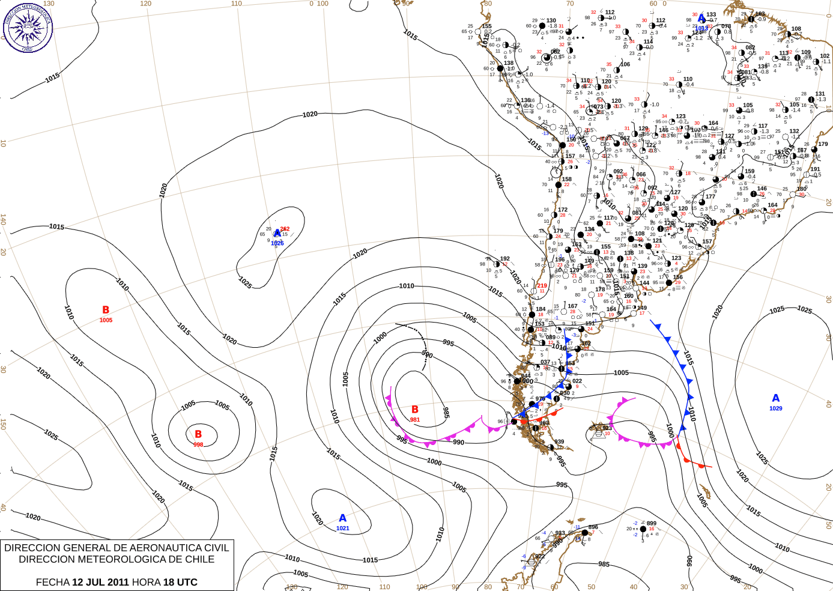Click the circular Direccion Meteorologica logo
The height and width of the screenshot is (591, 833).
(28, 28)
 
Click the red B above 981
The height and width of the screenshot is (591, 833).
(414, 410)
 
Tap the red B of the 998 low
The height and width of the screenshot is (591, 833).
(198, 434)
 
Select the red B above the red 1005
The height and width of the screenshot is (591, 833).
(106, 310)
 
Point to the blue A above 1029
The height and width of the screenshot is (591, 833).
(776, 398)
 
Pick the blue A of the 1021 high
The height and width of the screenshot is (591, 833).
(342, 518)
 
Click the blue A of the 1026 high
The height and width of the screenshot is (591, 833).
(277, 234)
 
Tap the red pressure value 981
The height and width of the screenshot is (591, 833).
(415, 420)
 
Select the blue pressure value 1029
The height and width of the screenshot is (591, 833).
(776, 408)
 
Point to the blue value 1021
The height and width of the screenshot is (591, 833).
(342, 529)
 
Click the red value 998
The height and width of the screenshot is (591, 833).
(198, 444)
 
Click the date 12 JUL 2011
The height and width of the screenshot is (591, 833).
(100, 582)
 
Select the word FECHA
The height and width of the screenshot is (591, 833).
(52, 582)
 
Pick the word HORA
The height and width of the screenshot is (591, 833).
(146, 582)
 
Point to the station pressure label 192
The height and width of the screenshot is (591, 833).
(505, 259)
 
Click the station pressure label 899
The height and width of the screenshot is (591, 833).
(652, 523)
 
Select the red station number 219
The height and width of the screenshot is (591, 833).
(542, 286)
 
